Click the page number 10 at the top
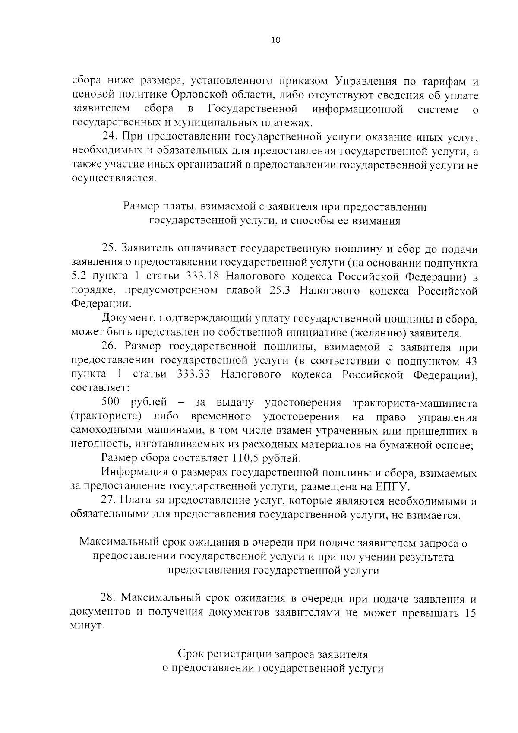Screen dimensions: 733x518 [x=275, y=40]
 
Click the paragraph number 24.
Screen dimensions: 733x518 [x=109, y=137]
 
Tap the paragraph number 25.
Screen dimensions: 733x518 [x=109, y=248]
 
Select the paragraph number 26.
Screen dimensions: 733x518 [x=109, y=346]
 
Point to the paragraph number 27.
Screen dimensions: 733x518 [x=109, y=501]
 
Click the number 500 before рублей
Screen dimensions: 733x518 [x=111, y=403]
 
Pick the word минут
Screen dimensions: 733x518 [x=87, y=626]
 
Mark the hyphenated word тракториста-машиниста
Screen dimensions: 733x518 [x=414, y=403]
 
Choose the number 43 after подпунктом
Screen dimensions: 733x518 [x=470, y=361]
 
